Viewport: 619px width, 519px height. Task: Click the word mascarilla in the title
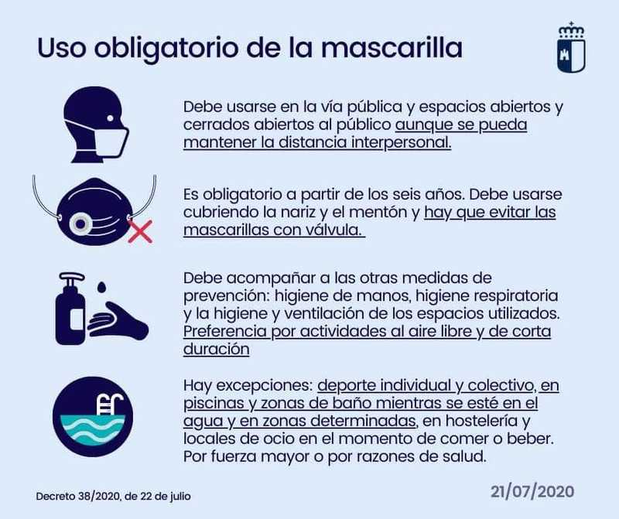392,48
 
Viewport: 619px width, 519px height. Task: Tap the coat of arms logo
571,47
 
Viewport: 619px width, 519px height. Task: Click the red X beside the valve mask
141,231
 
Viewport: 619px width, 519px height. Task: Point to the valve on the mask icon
80,224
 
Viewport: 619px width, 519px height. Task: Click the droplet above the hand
102,287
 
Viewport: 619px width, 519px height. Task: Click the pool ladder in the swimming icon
110,405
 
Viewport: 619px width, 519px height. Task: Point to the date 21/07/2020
532,492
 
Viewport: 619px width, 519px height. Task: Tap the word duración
217,350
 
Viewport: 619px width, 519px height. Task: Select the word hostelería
476,421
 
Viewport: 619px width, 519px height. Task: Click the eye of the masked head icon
110,118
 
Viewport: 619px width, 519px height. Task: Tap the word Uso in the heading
61,48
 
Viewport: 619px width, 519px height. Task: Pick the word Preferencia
225,332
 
